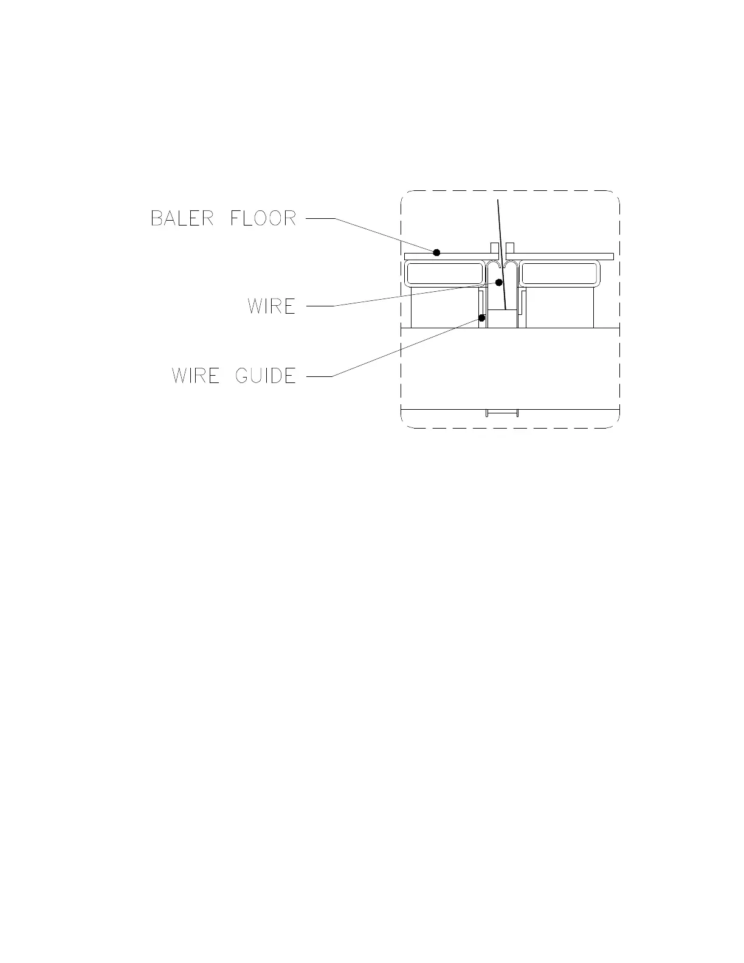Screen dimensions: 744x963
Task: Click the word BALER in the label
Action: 182,218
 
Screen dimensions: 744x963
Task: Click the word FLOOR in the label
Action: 263,218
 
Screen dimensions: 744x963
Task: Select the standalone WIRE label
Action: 271,306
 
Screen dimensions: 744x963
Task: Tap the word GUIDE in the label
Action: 266,376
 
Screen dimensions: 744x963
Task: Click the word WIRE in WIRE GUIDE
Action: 195,376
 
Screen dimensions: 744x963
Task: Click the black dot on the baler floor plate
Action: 436,252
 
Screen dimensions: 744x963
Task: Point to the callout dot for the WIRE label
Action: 499,282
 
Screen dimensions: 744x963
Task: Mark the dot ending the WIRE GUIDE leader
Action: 482,317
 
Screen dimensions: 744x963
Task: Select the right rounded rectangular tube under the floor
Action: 559,274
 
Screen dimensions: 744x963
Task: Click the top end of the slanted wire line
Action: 498,201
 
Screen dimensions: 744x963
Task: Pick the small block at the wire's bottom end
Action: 503,319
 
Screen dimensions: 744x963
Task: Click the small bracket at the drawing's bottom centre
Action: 502,413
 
